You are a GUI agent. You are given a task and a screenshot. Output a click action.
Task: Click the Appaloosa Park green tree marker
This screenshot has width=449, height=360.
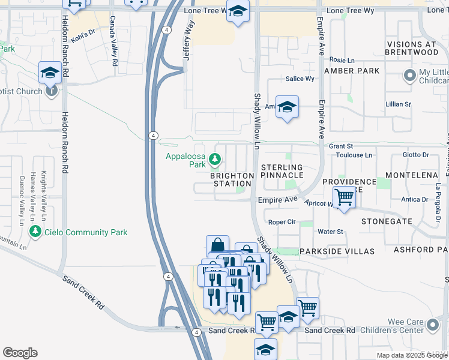point(216,160)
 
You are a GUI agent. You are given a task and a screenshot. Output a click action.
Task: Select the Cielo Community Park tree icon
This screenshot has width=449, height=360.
point(36,232)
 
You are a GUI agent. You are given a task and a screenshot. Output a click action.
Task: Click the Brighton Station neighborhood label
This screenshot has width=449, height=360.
point(233,179)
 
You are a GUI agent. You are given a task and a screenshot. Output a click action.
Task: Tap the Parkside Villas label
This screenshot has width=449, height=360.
point(337,251)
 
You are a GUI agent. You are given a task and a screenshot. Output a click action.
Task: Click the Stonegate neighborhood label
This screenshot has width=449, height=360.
point(387,221)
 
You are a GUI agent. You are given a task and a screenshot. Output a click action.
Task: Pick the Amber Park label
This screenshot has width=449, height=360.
point(351,71)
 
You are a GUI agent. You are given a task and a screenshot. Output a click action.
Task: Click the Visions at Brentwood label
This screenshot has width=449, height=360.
point(413,48)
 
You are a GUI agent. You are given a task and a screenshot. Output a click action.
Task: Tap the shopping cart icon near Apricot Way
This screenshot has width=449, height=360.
point(344,196)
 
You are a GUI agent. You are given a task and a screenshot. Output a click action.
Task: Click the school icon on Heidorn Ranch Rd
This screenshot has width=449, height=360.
point(50,73)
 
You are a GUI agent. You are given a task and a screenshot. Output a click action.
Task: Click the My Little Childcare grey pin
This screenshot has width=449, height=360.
point(411,76)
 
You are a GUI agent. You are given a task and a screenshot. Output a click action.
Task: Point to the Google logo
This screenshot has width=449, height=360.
point(20,353)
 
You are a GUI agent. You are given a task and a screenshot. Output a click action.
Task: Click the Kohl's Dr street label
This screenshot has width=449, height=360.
point(83,37)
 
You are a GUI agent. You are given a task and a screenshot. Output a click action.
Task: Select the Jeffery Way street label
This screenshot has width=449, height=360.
point(189,38)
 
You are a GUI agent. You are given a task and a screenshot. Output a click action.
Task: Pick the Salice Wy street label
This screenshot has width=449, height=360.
point(300,79)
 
